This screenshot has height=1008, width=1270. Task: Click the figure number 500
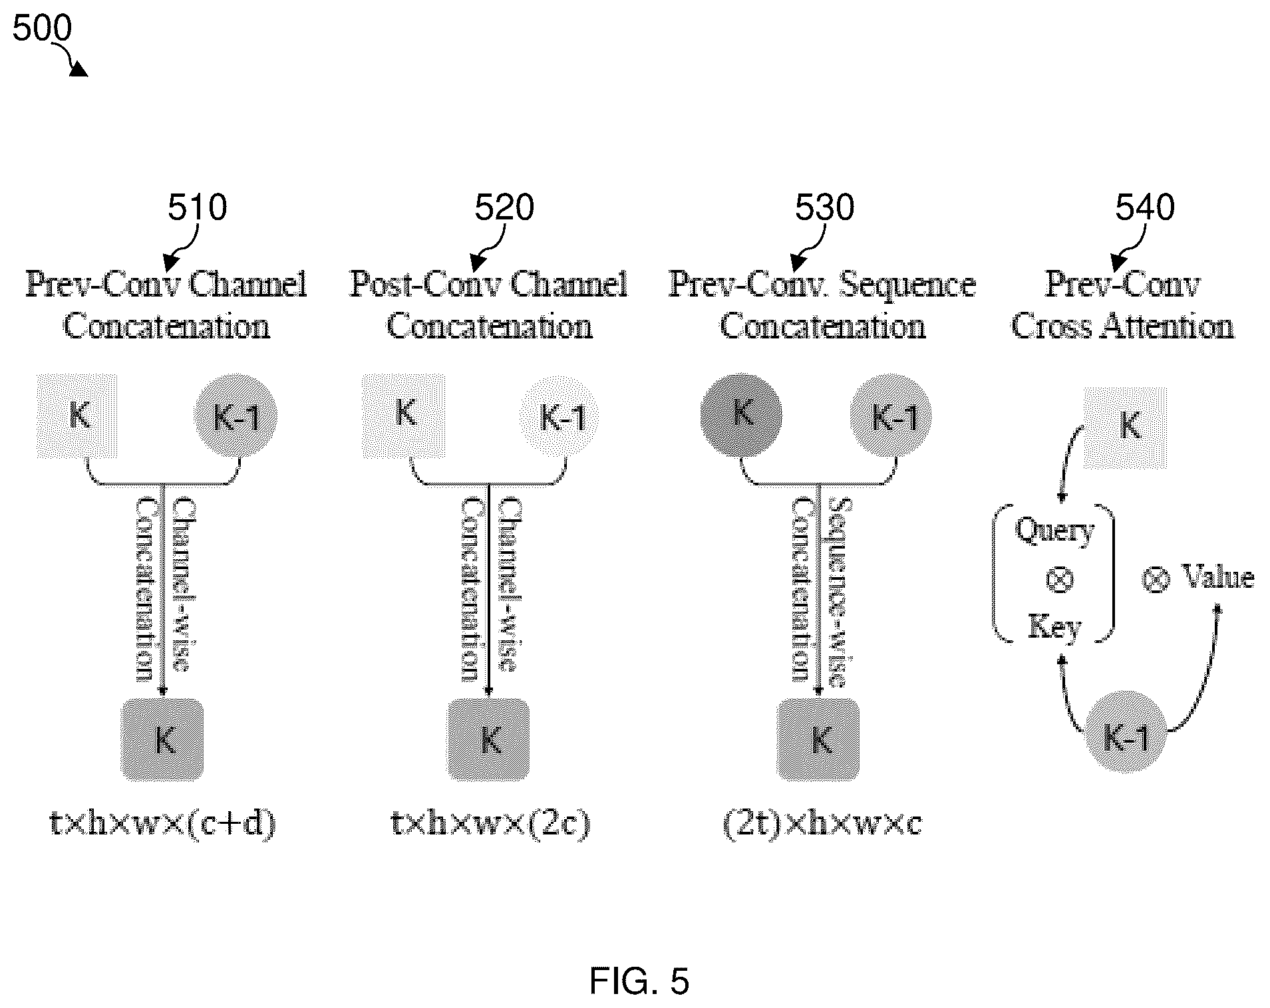[42, 29]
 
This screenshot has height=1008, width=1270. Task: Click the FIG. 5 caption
[639, 981]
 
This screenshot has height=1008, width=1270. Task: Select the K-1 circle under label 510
[236, 416]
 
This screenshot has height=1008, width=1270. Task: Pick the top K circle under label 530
[741, 416]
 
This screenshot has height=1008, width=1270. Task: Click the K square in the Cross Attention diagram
[1126, 428]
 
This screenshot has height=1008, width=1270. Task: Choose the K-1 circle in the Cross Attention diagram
[1126, 732]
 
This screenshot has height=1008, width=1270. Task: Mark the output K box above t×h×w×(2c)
[489, 739]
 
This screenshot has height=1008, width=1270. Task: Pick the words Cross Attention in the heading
[1122, 327]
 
